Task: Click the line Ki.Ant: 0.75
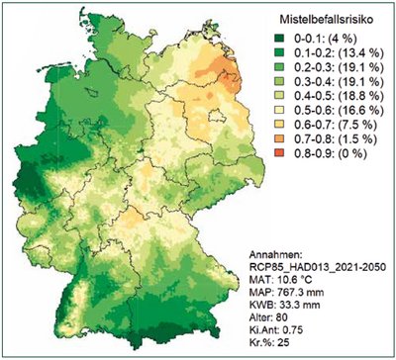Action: click(x=298, y=332)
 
